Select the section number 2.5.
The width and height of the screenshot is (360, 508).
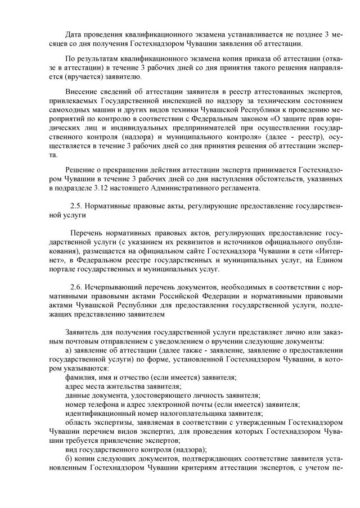76,206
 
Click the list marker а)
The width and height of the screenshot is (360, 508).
69,349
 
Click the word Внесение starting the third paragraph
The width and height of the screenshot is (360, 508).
82,92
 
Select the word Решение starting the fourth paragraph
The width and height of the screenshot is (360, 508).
82,169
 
